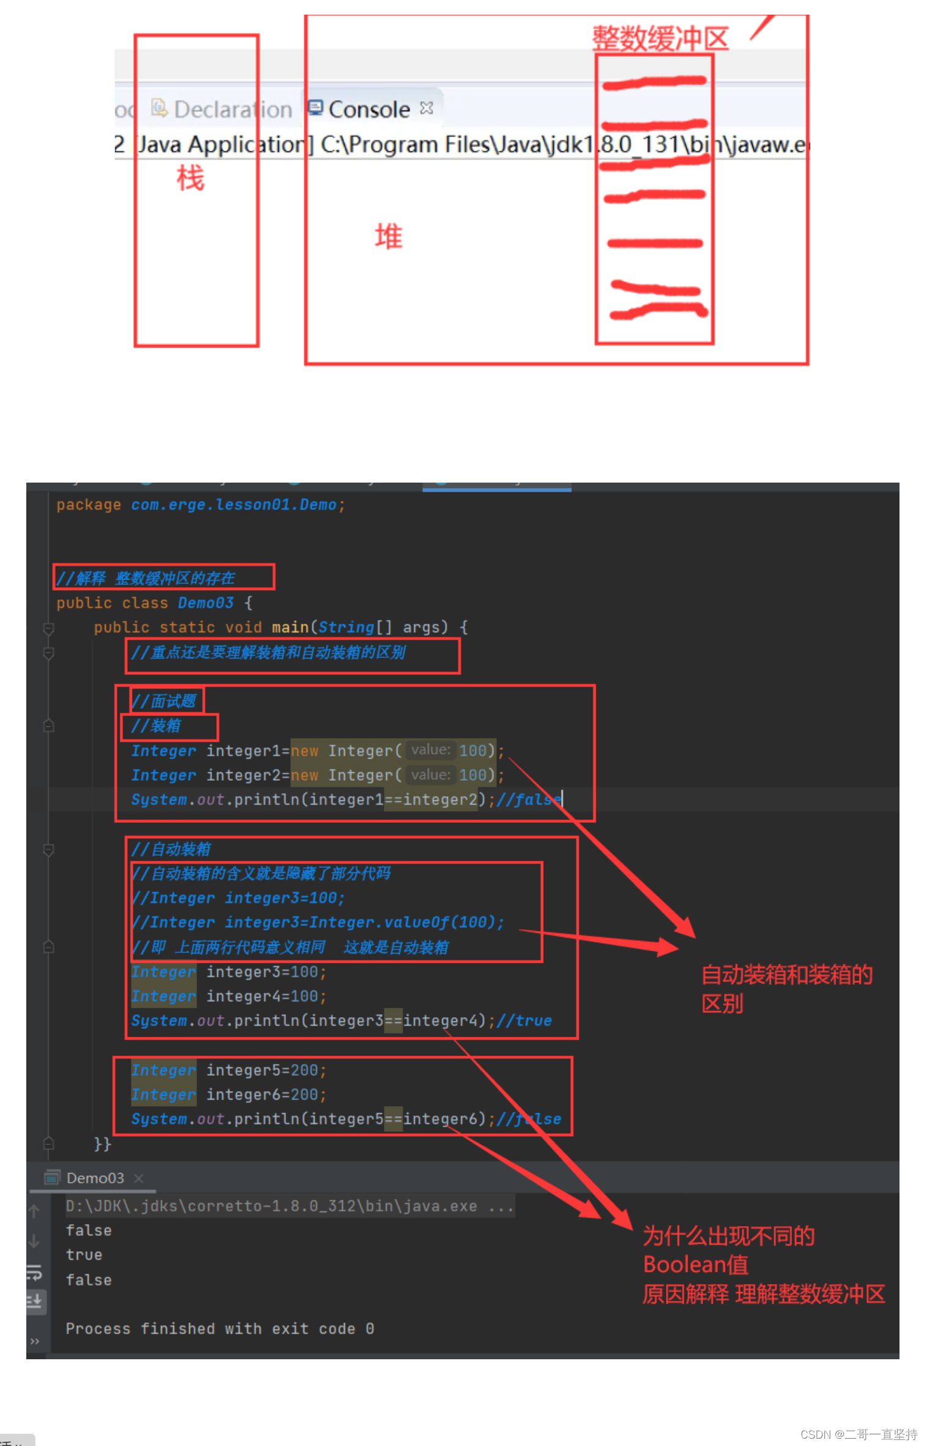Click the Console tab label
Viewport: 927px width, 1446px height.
click(368, 110)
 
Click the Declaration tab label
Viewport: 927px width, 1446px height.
click(232, 110)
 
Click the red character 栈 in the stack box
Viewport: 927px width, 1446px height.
click(190, 178)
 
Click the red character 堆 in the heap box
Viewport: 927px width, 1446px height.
click(389, 237)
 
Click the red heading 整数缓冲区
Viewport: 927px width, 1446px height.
click(660, 39)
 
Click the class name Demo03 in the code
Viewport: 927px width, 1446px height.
click(205, 603)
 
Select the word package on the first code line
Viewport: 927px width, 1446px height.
click(89, 505)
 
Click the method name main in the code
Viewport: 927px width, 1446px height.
click(290, 627)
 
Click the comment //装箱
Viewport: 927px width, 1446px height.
click(156, 726)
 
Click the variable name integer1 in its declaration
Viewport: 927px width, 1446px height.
click(243, 751)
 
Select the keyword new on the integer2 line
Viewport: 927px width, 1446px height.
click(304, 775)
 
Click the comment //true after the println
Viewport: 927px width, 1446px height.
click(524, 1021)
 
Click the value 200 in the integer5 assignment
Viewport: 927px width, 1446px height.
click(304, 1070)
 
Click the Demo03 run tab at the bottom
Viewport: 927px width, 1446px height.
click(95, 1178)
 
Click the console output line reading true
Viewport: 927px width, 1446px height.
click(84, 1255)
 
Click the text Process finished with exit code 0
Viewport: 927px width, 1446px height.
click(219, 1329)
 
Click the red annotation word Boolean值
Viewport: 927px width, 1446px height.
click(695, 1265)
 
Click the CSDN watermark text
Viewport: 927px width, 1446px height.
click(858, 1434)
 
